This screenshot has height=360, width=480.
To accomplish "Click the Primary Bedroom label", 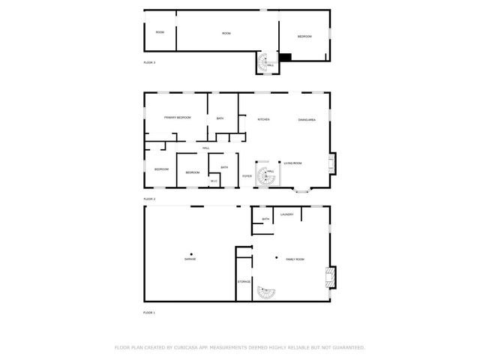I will (x=178, y=118).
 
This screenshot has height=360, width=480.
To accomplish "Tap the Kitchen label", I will (x=263, y=120).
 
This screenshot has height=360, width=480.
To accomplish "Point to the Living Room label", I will (x=292, y=163).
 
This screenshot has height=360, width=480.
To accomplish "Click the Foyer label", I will (x=247, y=176).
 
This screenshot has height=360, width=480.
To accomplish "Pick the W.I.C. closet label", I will (x=214, y=181).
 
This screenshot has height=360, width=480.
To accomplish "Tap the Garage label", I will (x=190, y=259).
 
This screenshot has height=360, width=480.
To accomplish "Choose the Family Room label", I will (x=295, y=259).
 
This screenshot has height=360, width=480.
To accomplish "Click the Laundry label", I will (x=286, y=215).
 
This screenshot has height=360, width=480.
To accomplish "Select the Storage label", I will (x=244, y=281).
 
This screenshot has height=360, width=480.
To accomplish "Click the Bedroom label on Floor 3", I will (x=304, y=37).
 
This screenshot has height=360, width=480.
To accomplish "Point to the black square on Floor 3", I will (x=285, y=57).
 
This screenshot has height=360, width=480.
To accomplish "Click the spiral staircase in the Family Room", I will (x=266, y=292).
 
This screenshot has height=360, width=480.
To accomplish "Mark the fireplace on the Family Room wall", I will (x=331, y=277).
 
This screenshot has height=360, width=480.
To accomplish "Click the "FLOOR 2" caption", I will (x=149, y=199).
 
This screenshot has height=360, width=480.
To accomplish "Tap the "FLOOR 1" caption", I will (x=149, y=312).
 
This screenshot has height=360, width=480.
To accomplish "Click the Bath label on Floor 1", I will (x=265, y=219).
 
